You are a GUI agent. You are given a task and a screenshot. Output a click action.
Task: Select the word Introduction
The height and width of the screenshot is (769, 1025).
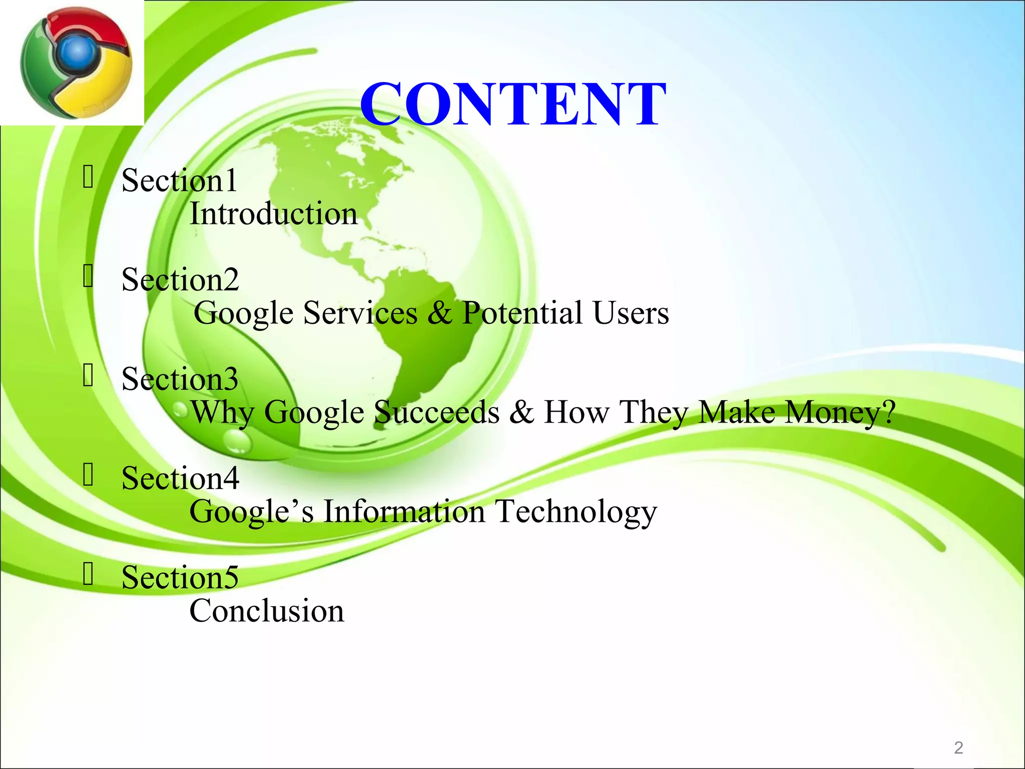click(x=273, y=214)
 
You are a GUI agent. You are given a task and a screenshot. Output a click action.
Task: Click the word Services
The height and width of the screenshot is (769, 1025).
click(x=360, y=313)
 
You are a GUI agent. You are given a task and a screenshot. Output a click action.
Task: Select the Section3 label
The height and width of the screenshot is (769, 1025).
click(x=180, y=378)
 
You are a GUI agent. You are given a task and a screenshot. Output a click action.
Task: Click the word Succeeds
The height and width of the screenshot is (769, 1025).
click(x=437, y=413)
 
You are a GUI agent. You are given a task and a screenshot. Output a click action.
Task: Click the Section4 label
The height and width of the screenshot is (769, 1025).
click(x=180, y=478)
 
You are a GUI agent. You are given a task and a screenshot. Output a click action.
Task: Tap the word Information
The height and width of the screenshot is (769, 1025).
click(x=404, y=512)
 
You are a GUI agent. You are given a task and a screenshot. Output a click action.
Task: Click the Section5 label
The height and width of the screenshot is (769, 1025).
click(x=180, y=577)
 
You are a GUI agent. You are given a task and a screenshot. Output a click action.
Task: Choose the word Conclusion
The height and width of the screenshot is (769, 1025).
click(x=267, y=611)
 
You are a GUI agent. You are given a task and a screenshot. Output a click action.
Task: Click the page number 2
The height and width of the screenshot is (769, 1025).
click(x=958, y=747)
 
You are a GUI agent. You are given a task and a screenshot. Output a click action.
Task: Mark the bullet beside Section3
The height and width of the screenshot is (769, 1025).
click(x=88, y=375)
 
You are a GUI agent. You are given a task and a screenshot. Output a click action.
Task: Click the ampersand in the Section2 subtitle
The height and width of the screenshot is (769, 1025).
click(x=439, y=313)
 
